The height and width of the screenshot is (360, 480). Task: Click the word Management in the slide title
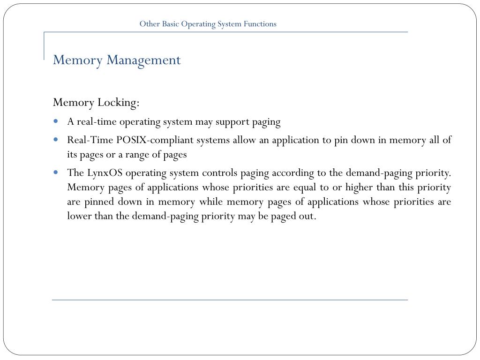tap(143, 60)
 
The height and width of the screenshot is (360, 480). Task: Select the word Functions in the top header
tap(260, 24)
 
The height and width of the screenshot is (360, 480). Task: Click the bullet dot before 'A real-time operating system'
tap(56, 121)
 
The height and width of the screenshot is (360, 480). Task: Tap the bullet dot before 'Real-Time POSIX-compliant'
tap(56, 139)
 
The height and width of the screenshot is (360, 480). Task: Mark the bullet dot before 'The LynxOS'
tap(56, 172)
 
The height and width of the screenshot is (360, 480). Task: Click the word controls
tap(219, 173)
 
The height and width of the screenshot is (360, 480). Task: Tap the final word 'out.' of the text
tap(307, 217)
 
